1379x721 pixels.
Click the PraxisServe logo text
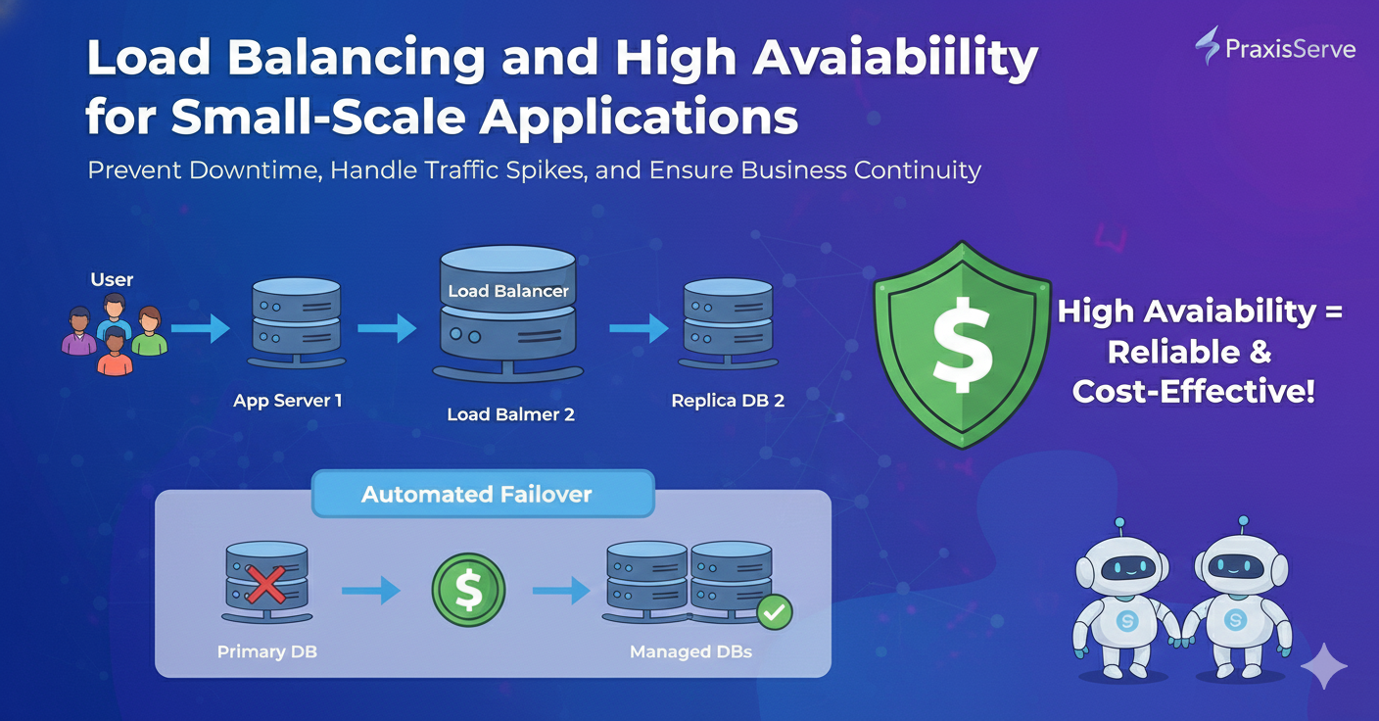pyautogui.click(x=1290, y=48)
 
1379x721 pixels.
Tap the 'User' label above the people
pyautogui.click(x=112, y=280)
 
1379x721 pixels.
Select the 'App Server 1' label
pyautogui.click(x=288, y=401)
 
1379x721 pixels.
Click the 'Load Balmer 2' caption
pyautogui.click(x=510, y=414)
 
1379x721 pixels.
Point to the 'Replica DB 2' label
pyautogui.click(x=728, y=401)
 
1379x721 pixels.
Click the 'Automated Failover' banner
pyautogui.click(x=477, y=494)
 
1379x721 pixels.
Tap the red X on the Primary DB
pyautogui.click(x=265, y=586)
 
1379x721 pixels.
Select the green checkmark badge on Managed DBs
pyautogui.click(x=775, y=613)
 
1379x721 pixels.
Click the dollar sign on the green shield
pyautogui.click(x=963, y=341)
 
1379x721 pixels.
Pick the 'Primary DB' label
pyautogui.click(x=266, y=651)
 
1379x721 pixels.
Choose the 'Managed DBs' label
pyautogui.click(x=690, y=651)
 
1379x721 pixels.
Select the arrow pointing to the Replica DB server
pyautogui.click(x=638, y=329)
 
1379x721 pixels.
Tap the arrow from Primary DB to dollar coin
pyautogui.click(x=370, y=591)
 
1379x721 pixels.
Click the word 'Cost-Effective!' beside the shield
pyautogui.click(x=1193, y=392)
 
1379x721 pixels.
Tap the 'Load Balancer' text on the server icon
pyautogui.click(x=508, y=291)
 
